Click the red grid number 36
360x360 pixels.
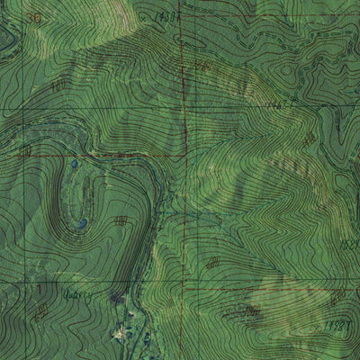coord(33,18)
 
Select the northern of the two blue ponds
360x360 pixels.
coord(74,165)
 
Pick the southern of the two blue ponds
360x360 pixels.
coord(82,222)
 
